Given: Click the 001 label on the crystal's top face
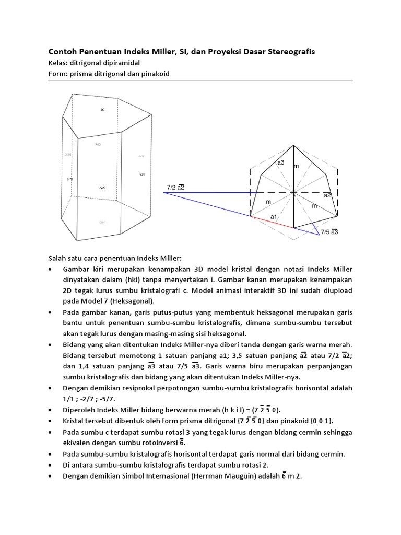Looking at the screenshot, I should tap(103, 110).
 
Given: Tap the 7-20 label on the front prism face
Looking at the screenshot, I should tap(102, 187).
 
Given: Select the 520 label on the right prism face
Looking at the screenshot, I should tap(142, 174).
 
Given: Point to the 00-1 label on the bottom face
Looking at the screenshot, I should tap(102, 222).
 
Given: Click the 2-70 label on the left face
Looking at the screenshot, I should tap(69, 179).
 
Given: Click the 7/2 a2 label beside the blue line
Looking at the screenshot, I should tap(176, 187).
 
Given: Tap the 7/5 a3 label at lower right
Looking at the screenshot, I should tap(329, 231).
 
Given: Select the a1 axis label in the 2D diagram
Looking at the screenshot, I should tap(273, 216).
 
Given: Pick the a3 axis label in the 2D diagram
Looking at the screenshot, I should tap(281, 162).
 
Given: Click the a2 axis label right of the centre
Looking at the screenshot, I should tap(327, 195).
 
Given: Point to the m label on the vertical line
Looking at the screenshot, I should tap(296, 166).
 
